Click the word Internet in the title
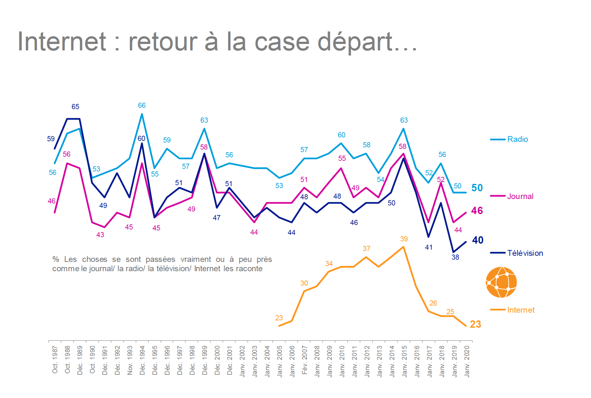[62, 41]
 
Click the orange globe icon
[501, 282]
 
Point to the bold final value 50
[477, 188]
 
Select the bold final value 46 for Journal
[477, 211]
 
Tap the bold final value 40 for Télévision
[478, 240]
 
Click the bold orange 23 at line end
[475, 324]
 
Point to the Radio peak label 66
[142, 106]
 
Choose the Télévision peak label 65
[75, 107]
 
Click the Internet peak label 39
[404, 239]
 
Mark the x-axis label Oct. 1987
[55, 359]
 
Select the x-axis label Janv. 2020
[467, 361]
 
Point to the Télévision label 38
[455, 257]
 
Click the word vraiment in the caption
[196, 259]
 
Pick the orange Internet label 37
[366, 249]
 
